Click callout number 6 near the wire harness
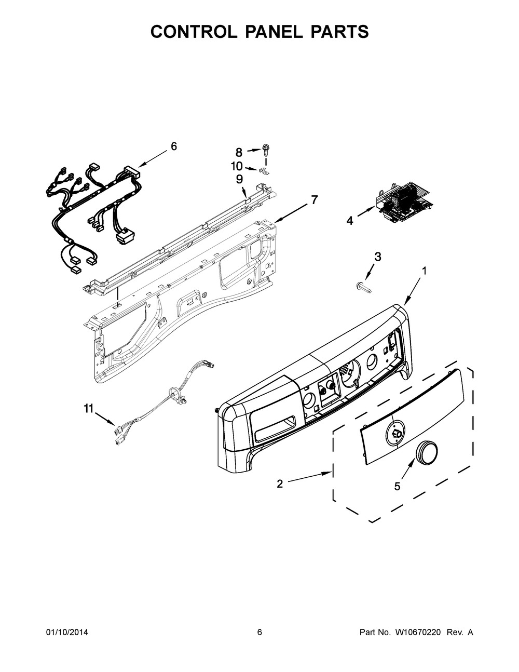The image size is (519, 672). (x=173, y=146)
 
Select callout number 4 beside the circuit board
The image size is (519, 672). (x=350, y=221)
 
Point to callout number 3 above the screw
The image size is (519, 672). (x=377, y=256)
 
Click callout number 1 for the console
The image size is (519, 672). (x=424, y=271)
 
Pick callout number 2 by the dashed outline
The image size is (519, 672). (x=280, y=483)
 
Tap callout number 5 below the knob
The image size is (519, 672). (x=398, y=486)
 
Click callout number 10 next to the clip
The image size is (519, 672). (x=237, y=166)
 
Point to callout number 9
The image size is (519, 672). (x=239, y=179)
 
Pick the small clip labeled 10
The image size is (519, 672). (x=264, y=171)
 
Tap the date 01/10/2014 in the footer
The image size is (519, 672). (x=66, y=632)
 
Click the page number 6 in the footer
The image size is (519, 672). (x=259, y=632)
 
